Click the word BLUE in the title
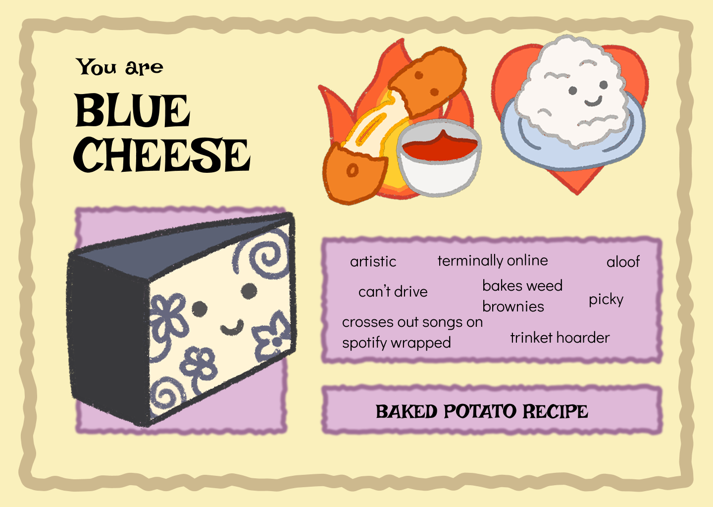click(x=132, y=110)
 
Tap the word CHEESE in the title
click(x=162, y=155)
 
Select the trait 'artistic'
click(x=373, y=261)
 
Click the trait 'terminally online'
click(x=493, y=260)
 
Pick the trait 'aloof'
click(x=623, y=261)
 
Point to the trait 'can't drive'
click(x=393, y=292)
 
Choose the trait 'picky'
click(x=606, y=300)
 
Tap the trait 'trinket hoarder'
click(x=560, y=338)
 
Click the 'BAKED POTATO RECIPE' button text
click(x=482, y=411)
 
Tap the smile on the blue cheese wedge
click(x=232, y=328)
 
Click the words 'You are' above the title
click(x=119, y=67)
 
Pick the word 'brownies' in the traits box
click(x=513, y=306)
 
